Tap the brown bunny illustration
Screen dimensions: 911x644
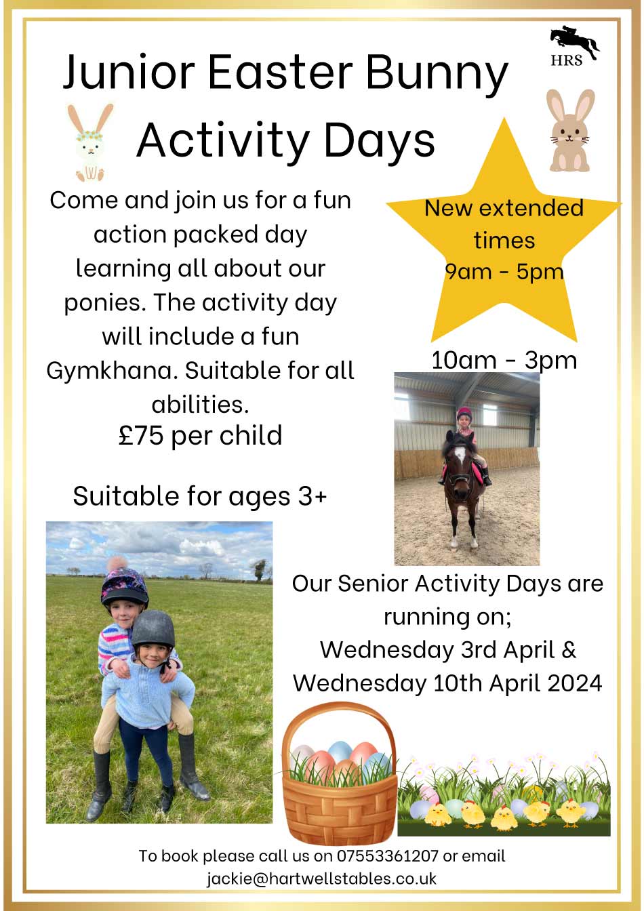570,130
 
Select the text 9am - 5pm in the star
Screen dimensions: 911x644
504,271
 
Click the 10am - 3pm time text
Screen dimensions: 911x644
504,360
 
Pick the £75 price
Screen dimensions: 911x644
141,435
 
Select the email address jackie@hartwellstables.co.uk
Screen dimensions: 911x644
322,878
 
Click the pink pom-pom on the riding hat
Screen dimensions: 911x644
116,565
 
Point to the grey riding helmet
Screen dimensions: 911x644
153,630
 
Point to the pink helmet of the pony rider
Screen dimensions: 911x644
464,413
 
